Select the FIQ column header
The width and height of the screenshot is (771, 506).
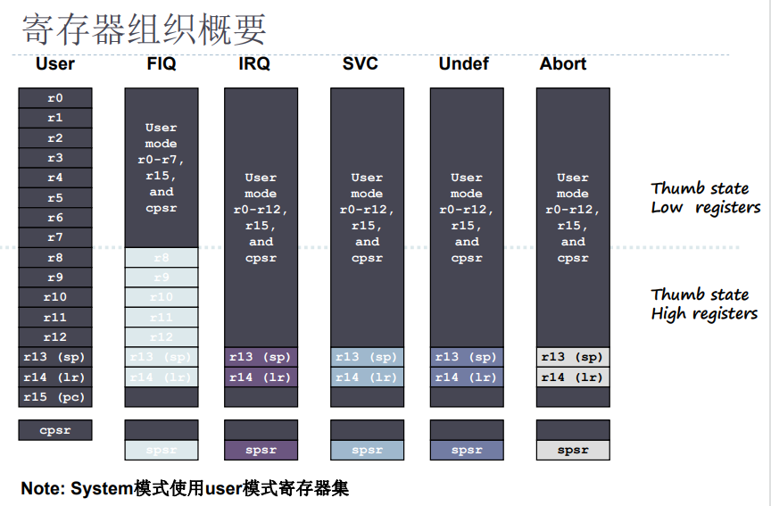(x=162, y=64)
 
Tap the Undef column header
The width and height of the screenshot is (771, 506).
(x=464, y=64)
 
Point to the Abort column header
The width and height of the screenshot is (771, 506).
(x=563, y=64)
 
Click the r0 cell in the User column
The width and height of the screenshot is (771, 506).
(x=55, y=98)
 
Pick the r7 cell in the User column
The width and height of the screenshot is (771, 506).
(x=55, y=237)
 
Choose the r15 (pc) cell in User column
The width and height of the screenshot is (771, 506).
(x=55, y=396)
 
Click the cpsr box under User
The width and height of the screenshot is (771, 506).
(x=55, y=430)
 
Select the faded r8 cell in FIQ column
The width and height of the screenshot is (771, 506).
(x=162, y=258)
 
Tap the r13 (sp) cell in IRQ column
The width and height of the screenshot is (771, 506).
(x=261, y=357)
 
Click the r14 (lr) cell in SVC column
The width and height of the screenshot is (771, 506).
(x=367, y=377)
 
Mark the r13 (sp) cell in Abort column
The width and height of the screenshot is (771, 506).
(x=573, y=357)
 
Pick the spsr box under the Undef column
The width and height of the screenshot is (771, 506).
(x=467, y=450)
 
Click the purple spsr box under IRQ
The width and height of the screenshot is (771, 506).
(x=261, y=450)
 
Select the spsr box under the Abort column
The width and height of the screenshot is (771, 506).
(x=573, y=450)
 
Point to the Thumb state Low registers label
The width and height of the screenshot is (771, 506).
(x=705, y=198)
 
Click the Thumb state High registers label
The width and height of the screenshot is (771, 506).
(x=704, y=303)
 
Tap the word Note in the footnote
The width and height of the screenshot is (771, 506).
(x=42, y=488)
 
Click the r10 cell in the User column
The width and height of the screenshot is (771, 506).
(x=55, y=297)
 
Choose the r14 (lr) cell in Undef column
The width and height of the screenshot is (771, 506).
(x=467, y=377)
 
